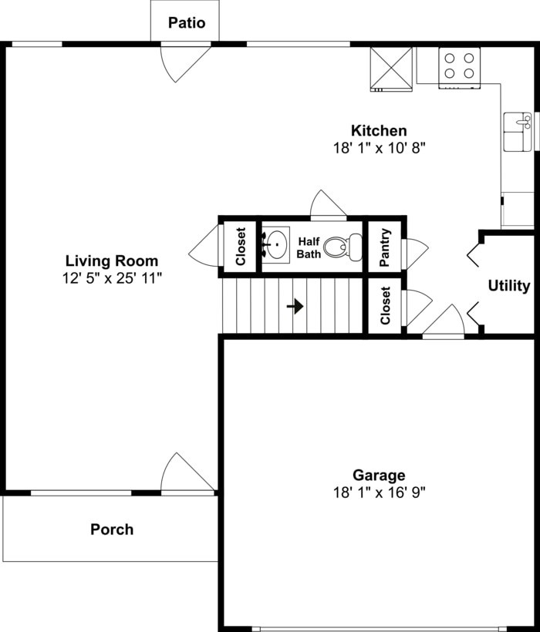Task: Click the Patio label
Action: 187,22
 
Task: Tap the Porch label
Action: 112,529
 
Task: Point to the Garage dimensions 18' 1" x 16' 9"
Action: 379,491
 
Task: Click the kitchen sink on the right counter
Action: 517,131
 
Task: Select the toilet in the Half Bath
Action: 342,247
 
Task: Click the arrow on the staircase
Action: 295,306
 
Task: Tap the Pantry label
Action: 386,246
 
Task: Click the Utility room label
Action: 509,286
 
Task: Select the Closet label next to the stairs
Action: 386,305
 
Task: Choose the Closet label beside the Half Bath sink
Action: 241,247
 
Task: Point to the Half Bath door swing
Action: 326,205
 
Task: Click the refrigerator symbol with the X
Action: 391,68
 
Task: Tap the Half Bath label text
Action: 309,247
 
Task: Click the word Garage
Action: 379,476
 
